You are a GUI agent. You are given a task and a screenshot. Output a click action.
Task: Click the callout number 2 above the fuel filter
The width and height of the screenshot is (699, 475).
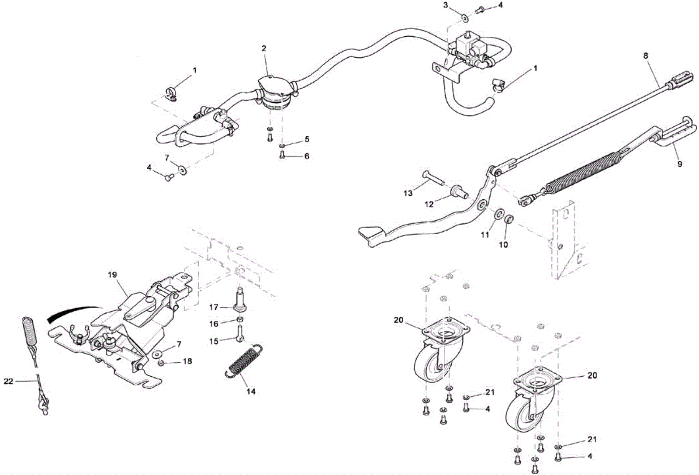point(264,49)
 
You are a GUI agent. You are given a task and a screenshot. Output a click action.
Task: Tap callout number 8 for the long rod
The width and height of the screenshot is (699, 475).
point(646,56)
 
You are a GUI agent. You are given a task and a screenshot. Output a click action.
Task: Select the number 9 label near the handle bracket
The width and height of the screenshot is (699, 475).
point(680,164)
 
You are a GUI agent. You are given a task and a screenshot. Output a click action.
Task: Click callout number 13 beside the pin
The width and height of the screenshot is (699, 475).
point(408,193)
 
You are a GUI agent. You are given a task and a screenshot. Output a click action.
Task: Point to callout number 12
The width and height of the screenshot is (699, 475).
point(429,204)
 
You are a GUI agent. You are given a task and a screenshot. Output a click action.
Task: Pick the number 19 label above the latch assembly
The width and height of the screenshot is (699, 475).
point(112,275)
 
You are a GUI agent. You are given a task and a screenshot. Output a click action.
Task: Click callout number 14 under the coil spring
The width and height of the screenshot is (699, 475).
point(251,392)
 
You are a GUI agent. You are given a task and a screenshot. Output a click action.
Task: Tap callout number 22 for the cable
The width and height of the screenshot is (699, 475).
point(9,381)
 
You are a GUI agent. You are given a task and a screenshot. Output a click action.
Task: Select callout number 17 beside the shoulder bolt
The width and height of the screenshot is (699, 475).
point(214,308)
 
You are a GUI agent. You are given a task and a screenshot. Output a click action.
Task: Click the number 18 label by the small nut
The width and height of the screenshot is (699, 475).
point(187,361)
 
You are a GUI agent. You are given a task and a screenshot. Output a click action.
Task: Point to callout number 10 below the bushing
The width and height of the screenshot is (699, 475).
point(503,245)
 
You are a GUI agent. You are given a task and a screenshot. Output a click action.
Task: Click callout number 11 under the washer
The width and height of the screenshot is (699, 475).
point(485,235)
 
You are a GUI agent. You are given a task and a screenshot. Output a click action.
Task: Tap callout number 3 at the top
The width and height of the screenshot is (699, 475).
point(446,5)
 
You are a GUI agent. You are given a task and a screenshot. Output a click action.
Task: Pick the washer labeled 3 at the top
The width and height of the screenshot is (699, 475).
point(465,18)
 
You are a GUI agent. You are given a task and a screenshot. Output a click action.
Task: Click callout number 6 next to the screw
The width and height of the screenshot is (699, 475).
point(307,156)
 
